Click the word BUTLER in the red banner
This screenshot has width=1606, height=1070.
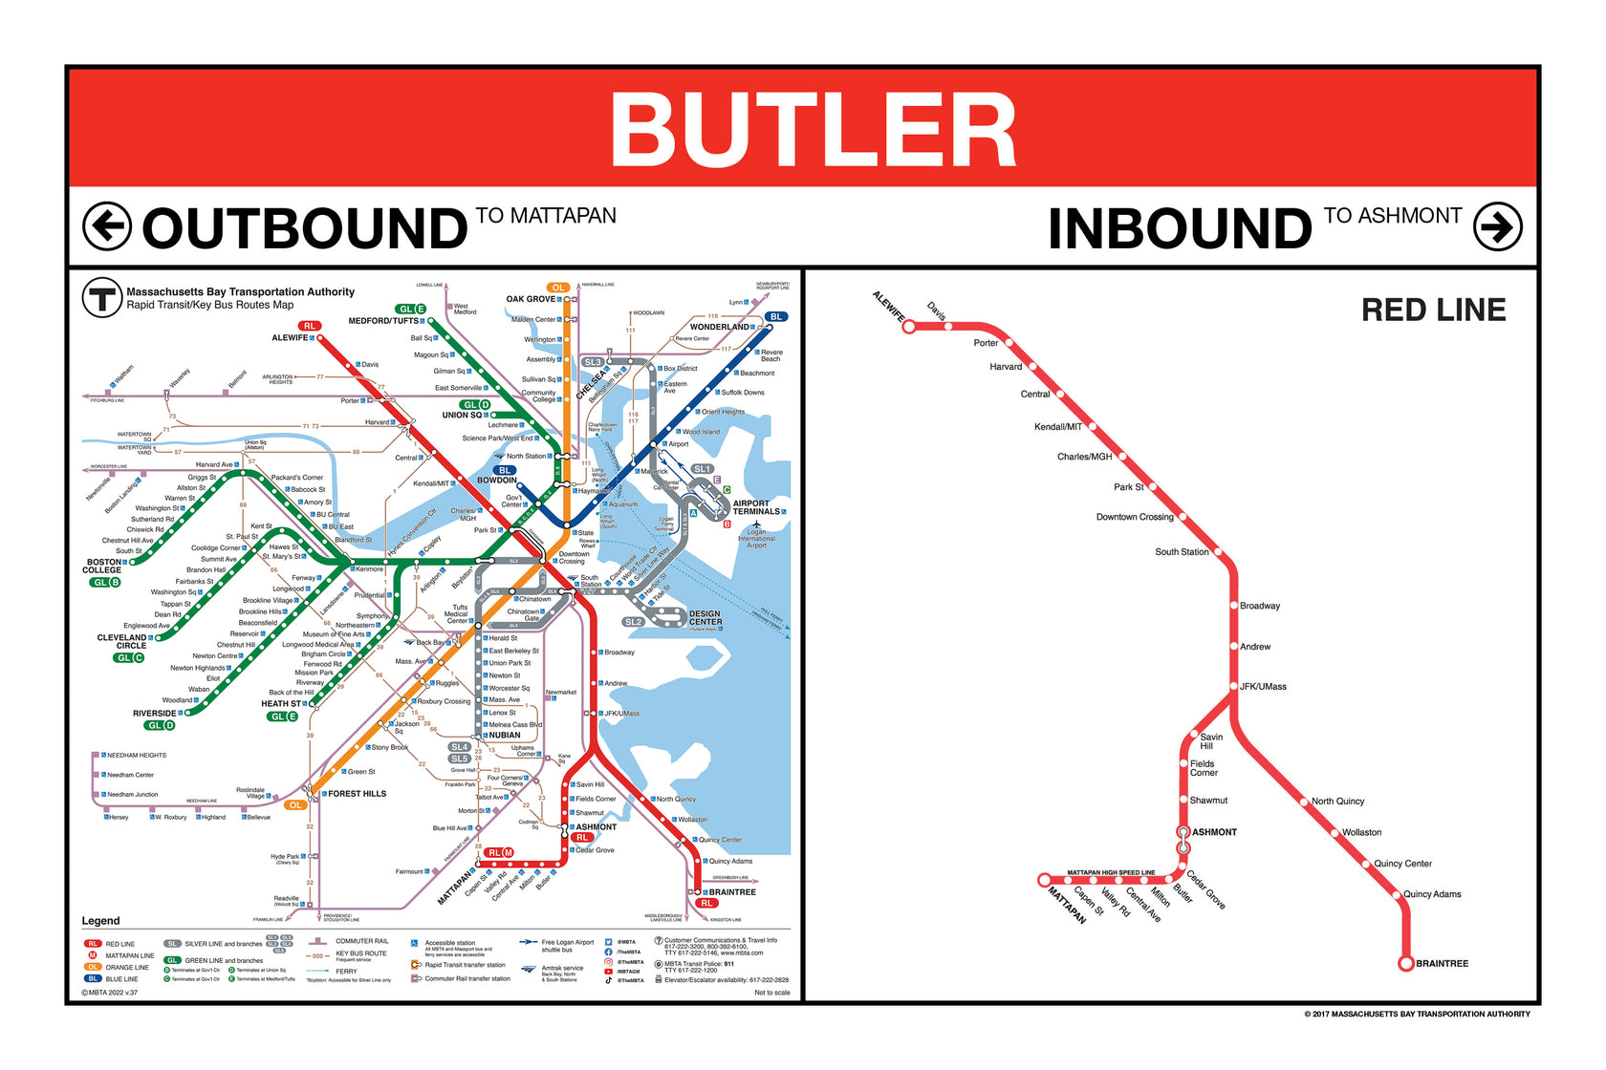[814, 131]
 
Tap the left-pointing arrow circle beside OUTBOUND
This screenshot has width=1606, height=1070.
[106, 226]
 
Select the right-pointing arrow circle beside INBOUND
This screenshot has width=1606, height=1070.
[1497, 226]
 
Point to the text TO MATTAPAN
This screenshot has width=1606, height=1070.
[546, 216]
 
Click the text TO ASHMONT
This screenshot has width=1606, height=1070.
[1393, 216]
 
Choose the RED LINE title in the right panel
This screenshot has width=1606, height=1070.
[1433, 310]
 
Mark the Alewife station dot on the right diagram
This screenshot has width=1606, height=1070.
[909, 327]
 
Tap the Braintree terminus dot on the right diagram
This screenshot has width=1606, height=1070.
[1405, 963]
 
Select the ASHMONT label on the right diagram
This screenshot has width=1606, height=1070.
[1214, 832]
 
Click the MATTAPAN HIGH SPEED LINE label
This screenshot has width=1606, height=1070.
[1111, 872]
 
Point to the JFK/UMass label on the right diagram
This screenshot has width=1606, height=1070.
[1263, 687]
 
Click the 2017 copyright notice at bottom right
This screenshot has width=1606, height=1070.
[1417, 1014]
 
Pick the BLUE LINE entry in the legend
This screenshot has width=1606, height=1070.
[121, 979]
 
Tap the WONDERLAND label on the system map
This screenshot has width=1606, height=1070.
[720, 327]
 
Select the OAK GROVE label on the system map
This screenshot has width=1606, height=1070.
[531, 299]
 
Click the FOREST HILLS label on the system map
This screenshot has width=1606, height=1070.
[357, 794]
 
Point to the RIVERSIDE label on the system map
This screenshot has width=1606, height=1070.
[154, 714]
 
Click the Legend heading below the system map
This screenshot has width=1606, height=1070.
[100, 921]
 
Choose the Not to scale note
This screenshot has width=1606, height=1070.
[771, 993]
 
